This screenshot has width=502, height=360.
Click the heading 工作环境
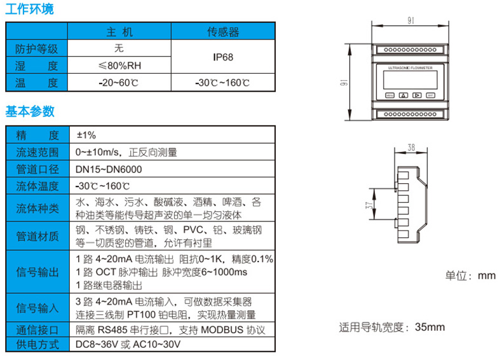click(30, 9)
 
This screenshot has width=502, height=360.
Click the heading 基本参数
click(30, 111)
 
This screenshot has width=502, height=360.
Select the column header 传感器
click(223, 31)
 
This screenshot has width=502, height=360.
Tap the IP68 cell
click(223, 57)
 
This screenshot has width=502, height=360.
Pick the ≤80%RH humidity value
click(119, 65)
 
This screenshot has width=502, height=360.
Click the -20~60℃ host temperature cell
click(119, 83)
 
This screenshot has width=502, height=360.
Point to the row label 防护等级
click(37, 48)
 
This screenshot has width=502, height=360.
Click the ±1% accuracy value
click(86, 135)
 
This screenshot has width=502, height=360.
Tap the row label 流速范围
click(37, 152)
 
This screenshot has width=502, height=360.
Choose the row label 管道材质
click(37, 236)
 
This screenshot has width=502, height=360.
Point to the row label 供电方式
click(37, 345)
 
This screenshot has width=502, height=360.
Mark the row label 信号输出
click(37, 272)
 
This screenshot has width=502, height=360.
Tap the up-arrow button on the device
click(402, 96)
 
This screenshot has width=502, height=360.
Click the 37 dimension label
click(370, 205)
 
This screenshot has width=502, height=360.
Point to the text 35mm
click(430, 328)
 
